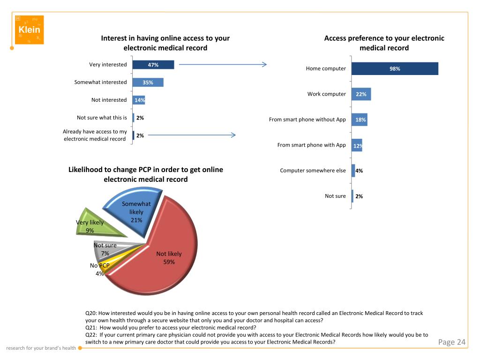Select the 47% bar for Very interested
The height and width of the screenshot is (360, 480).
[x=153, y=65]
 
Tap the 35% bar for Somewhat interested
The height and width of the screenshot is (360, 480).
[x=148, y=82]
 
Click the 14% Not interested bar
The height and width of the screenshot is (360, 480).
[x=139, y=100]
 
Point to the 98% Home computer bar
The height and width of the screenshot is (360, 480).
[x=395, y=68]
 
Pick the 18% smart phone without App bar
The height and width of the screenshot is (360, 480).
[x=360, y=120]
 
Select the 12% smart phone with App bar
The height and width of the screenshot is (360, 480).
[x=357, y=145]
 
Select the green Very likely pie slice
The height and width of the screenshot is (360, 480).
[x=101, y=225]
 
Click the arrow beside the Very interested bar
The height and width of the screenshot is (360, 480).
[x=223, y=65]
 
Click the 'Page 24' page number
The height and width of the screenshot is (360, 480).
[x=452, y=342]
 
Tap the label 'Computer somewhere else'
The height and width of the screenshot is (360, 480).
[x=313, y=171]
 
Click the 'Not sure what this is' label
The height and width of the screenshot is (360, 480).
[x=102, y=118]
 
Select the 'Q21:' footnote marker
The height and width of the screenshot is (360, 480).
[x=92, y=328]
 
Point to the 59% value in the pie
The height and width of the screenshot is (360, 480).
[x=169, y=262]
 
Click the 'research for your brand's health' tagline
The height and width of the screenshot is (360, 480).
[x=41, y=348]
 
